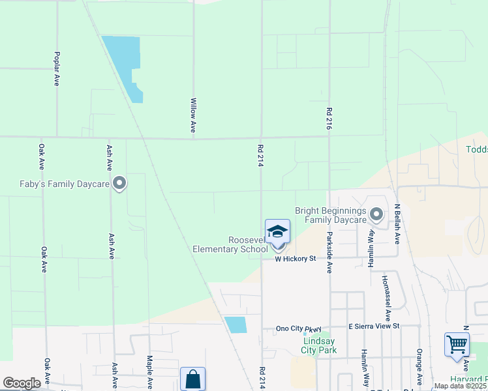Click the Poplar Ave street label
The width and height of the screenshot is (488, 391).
(57, 69)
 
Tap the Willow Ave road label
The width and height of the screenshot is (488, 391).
(193, 115)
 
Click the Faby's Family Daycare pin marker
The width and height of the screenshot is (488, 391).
(119, 184)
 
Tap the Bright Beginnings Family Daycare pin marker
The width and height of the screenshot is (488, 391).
(376, 214)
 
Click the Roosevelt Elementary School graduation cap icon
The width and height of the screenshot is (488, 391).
(277, 231)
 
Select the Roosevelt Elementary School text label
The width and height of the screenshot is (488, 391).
(230, 245)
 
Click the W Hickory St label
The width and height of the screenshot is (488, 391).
(295, 259)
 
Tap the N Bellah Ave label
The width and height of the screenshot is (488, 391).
(397, 224)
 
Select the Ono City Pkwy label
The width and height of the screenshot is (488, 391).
(299, 329)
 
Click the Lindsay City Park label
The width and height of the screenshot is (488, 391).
(318, 345)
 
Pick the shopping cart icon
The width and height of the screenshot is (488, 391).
(457, 343)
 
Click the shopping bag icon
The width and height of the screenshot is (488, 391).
(192, 379)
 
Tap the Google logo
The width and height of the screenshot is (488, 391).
(22, 383)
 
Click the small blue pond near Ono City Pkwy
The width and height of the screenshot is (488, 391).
(236, 325)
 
